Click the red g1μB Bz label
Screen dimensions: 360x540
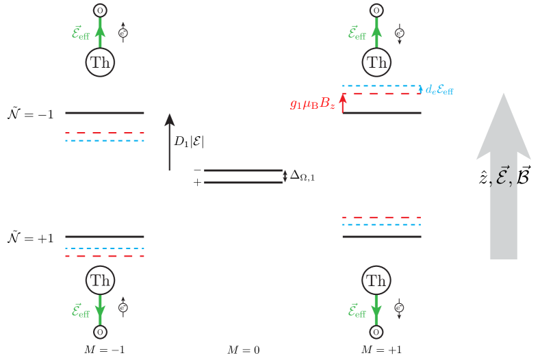click(x=312, y=104)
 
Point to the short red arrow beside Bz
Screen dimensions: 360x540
click(x=342, y=103)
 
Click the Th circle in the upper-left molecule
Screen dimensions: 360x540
click(x=100, y=62)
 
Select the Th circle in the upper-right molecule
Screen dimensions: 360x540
click(x=376, y=62)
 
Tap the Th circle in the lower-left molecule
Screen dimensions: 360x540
click(x=100, y=280)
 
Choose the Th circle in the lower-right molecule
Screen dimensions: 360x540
click(x=376, y=280)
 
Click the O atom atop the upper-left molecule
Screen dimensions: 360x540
click(x=100, y=10)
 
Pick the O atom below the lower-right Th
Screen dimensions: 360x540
click(x=376, y=332)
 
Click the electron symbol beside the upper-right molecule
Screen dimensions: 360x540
click(x=400, y=33)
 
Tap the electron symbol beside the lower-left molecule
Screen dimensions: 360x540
click(x=123, y=308)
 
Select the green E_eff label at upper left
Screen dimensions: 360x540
click(x=81, y=33)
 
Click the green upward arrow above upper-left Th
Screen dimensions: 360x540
click(x=100, y=34)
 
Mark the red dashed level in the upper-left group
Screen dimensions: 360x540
click(x=105, y=133)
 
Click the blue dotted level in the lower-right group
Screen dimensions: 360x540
click(x=381, y=224)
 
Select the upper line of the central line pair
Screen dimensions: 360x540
click(x=243, y=170)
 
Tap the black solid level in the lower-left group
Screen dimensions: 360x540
click(x=105, y=237)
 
